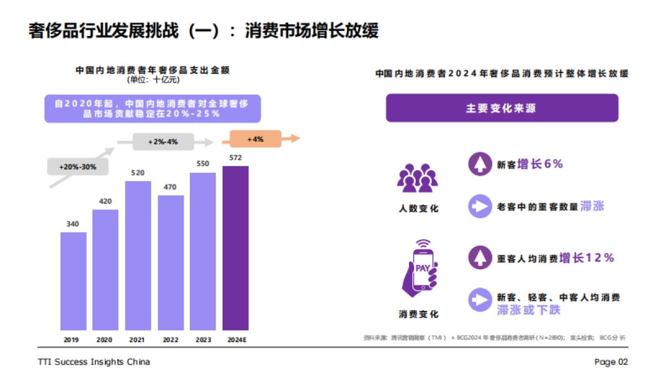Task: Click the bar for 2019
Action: click(x=73, y=281)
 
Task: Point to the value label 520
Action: click(x=138, y=173)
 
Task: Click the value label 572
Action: click(x=235, y=158)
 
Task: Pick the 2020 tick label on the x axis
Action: click(x=105, y=340)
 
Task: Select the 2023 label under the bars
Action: click(x=203, y=340)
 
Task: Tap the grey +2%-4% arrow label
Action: click(x=163, y=142)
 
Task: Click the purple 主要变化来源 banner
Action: click(x=502, y=108)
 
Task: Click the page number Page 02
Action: click(x=611, y=362)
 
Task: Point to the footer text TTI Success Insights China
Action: click(x=94, y=362)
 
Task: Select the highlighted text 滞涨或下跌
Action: click(x=529, y=310)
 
